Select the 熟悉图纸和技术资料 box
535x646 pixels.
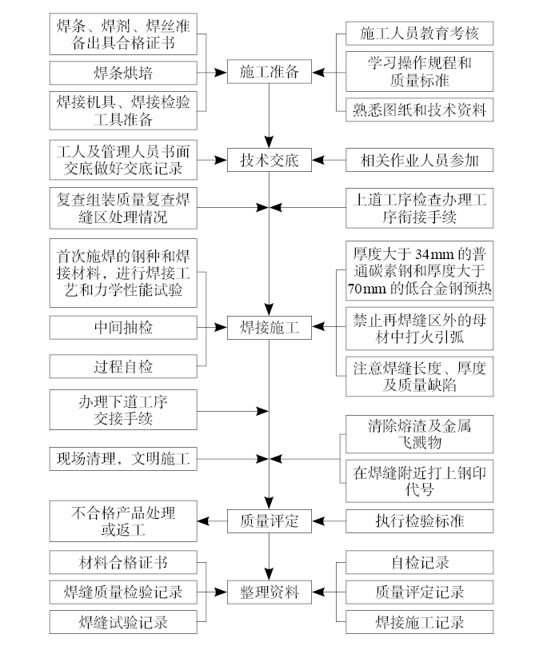click(x=419, y=110)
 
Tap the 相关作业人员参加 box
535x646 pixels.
click(x=419, y=160)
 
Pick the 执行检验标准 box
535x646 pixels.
click(x=419, y=521)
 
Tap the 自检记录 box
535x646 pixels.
click(x=419, y=563)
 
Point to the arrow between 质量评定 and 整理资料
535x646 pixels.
click(x=269, y=556)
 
